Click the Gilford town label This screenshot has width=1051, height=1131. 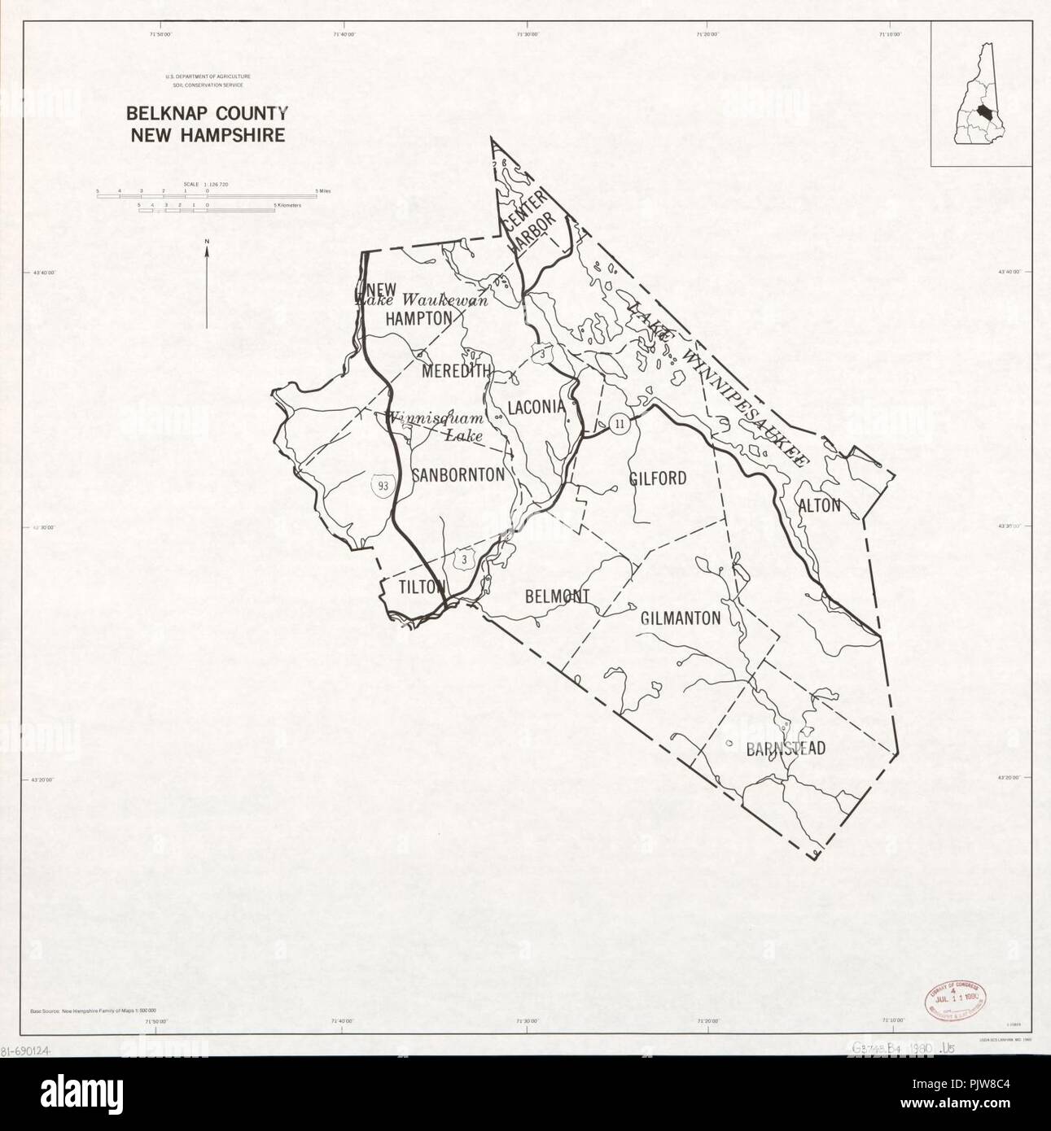point(658,478)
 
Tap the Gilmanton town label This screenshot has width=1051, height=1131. point(681,618)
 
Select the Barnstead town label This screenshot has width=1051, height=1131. point(786,749)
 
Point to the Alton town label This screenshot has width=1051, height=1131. point(819,505)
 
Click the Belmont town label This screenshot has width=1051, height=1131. point(557,596)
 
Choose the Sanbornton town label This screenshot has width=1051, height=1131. point(458,474)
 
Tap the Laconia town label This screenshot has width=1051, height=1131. point(536,407)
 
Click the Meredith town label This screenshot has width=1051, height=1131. point(457,371)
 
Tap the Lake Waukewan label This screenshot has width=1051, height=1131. point(423,299)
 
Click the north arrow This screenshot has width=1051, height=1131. point(207,285)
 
